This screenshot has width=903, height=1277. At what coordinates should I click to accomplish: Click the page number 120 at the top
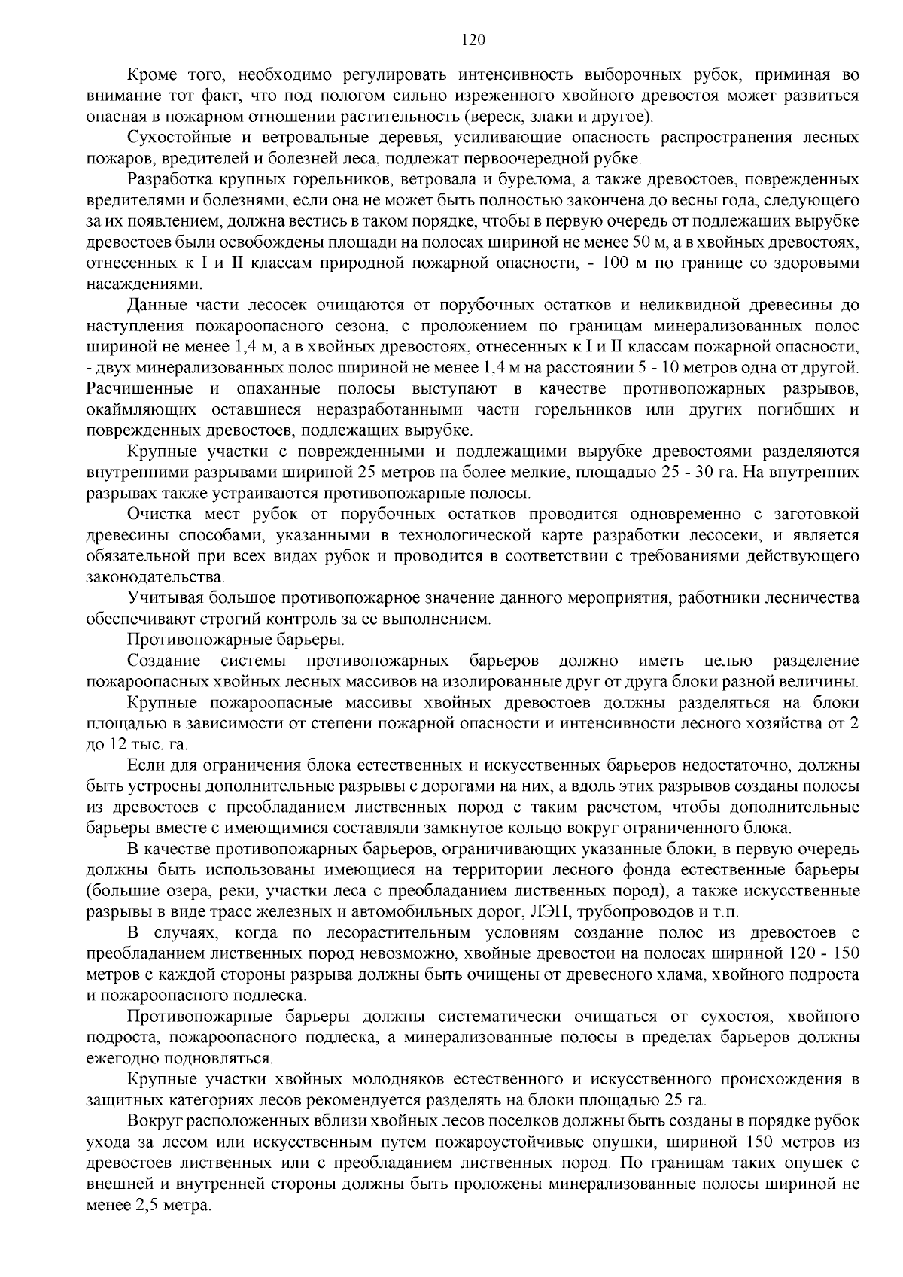pyautogui.click(x=473, y=40)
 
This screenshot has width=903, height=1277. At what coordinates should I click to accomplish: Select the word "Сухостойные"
pyautogui.click(x=172, y=138)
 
